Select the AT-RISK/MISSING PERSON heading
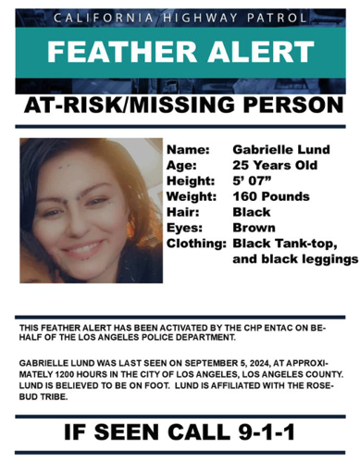point(180,106)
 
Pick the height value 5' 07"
point(250,181)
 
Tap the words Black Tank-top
point(282,244)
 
